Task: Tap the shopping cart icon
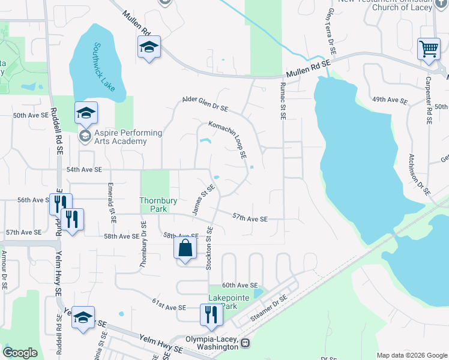click(429, 49)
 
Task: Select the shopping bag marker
click(185, 248)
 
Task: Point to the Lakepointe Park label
click(223, 302)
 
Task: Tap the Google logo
click(20, 353)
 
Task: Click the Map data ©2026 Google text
click(411, 355)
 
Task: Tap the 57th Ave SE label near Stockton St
click(250, 219)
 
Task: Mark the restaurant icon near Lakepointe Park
click(211, 314)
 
